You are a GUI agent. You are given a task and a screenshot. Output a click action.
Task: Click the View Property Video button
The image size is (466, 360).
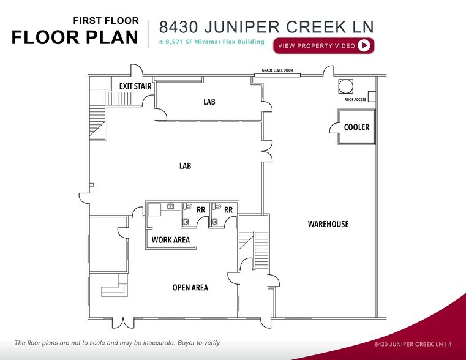325,46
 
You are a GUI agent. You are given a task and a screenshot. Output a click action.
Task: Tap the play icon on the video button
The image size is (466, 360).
364,45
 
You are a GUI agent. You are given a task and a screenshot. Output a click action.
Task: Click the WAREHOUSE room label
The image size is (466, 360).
328,224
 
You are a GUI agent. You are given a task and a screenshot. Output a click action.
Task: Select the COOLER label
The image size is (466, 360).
356,127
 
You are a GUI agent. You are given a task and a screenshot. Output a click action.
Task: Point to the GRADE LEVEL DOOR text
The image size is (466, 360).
277,70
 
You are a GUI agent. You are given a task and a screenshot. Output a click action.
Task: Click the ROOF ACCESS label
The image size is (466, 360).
351,100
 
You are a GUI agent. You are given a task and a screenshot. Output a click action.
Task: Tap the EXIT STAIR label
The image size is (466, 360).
135,86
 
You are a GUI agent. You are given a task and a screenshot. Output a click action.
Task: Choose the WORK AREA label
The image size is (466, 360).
171,240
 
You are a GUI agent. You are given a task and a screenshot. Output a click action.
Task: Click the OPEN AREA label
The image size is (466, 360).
190,288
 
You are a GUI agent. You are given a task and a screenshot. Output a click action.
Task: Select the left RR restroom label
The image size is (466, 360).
201,209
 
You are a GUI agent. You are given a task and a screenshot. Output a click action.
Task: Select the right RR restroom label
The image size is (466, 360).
228,209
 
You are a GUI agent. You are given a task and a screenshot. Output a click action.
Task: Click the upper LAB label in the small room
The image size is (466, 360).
209,102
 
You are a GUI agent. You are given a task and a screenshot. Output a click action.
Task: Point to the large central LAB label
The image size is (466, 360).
186,166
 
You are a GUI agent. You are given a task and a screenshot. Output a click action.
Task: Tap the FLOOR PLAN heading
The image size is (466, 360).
75,37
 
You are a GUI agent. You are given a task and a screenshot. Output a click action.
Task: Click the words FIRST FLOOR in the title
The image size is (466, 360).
105,21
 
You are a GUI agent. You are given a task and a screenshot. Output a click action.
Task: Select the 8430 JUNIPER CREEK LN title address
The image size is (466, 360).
266,27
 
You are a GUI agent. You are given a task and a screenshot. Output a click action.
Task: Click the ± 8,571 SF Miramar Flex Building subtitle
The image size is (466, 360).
211,42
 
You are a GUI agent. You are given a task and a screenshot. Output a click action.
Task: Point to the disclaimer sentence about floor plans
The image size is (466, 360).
118,343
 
